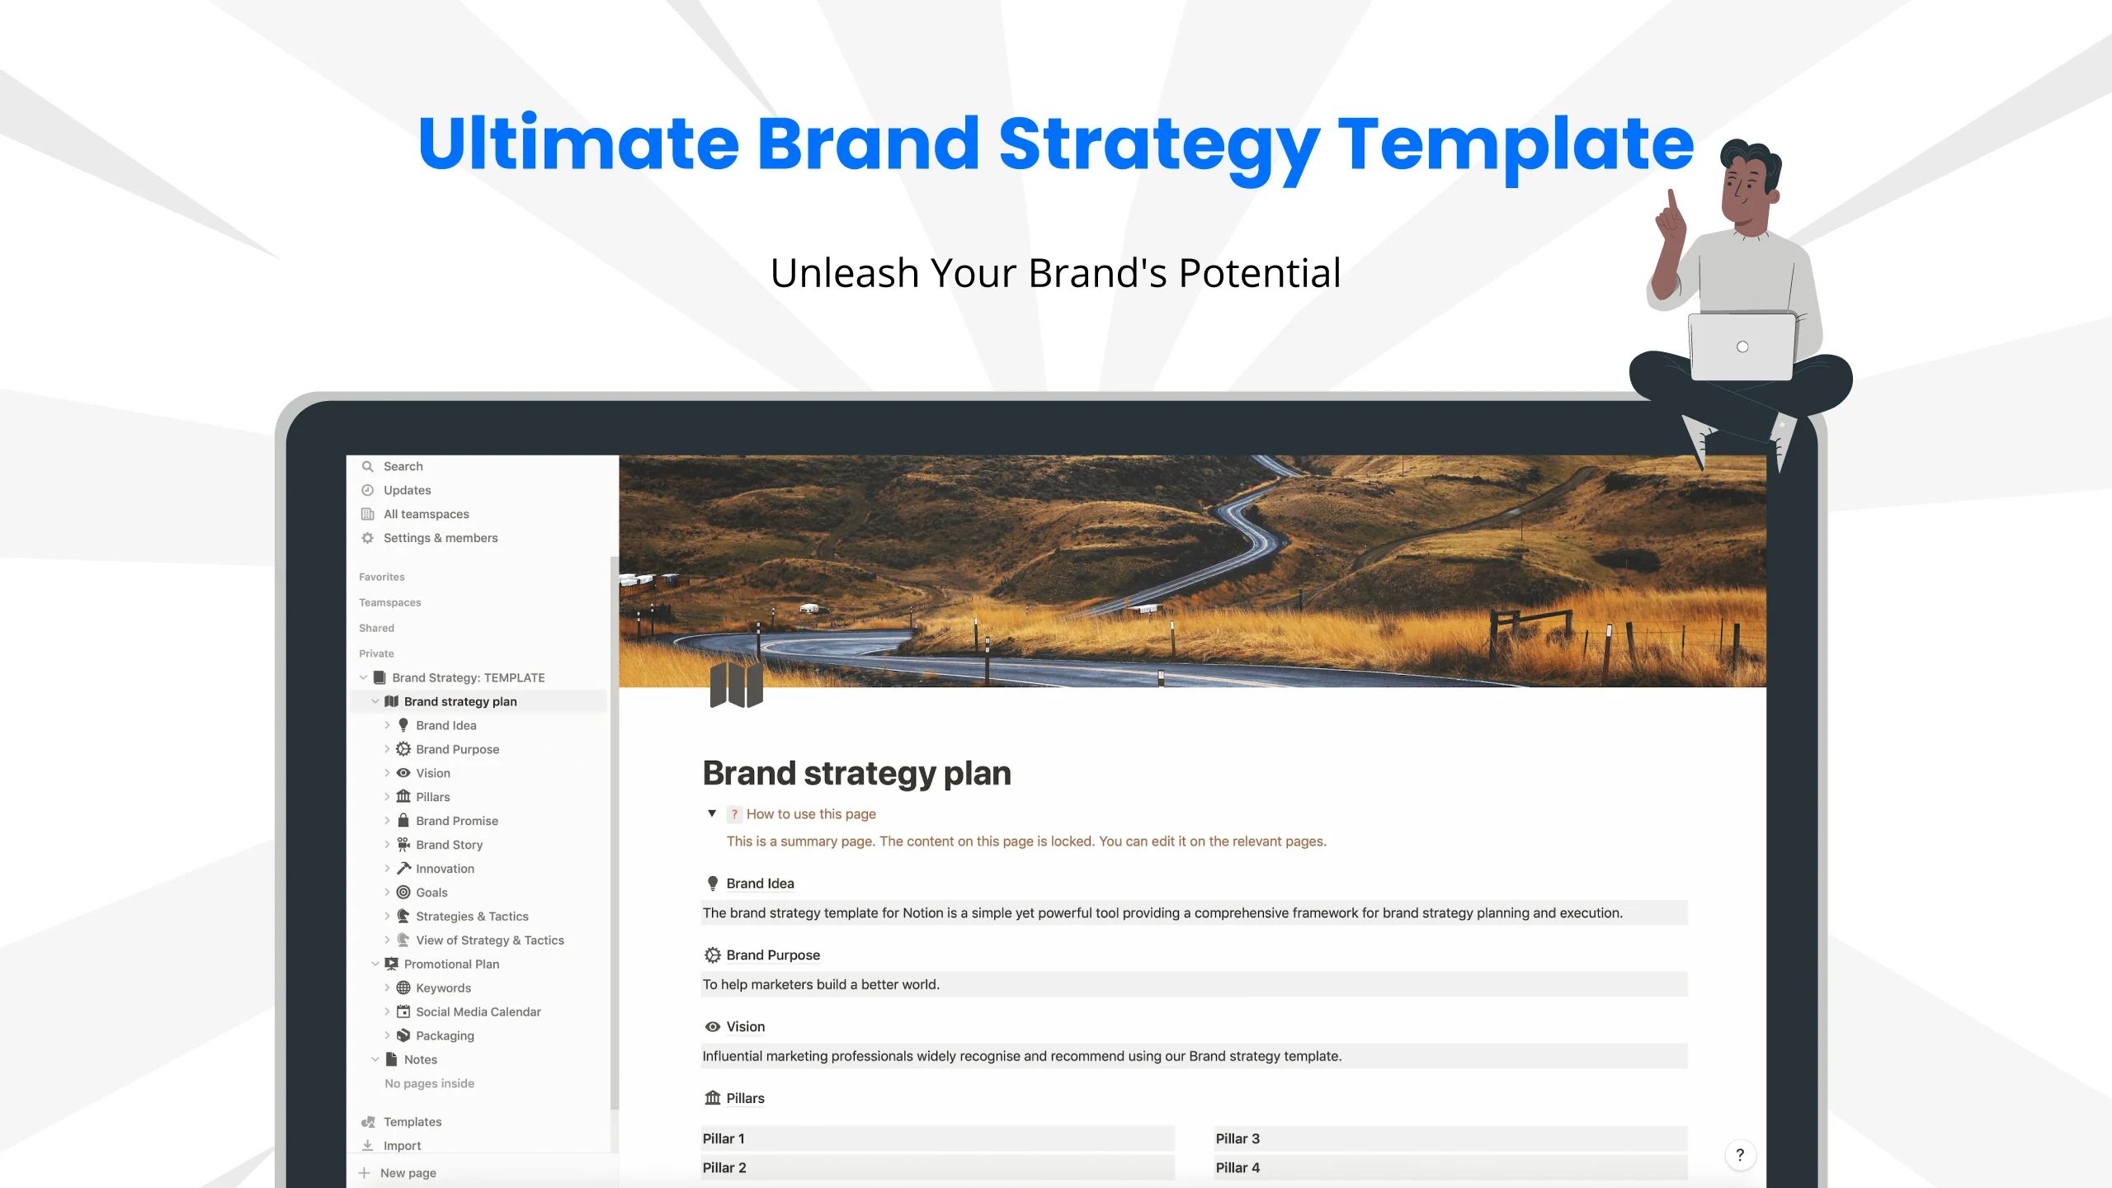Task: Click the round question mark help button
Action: tap(1740, 1155)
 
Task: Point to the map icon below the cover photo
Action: tap(736, 685)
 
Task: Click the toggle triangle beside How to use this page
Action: tap(712, 813)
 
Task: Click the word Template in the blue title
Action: tap(1516, 145)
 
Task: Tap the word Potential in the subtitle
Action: tap(1260, 273)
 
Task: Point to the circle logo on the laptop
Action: tap(1742, 346)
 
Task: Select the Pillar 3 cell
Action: tap(1450, 1138)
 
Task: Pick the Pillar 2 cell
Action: tap(937, 1167)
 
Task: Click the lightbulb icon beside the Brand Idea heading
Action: tap(713, 884)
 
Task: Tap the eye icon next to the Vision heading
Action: tap(713, 1026)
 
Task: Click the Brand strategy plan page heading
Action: tap(856, 773)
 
